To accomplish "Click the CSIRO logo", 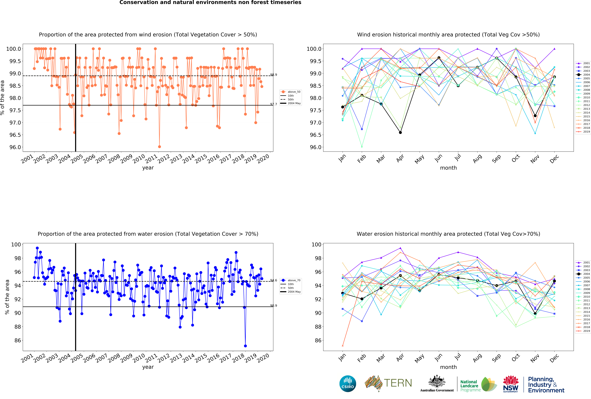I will [x=348, y=384].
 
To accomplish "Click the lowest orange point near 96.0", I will [x=159, y=147].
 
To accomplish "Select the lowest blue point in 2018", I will [x=245, y=346].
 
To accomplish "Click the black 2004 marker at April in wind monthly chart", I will [x=400, y=132].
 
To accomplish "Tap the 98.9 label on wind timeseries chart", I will [x=274, y=75].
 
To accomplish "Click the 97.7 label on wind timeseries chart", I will [x=274, y=104].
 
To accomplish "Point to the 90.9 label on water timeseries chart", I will [x=274, y=305].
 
